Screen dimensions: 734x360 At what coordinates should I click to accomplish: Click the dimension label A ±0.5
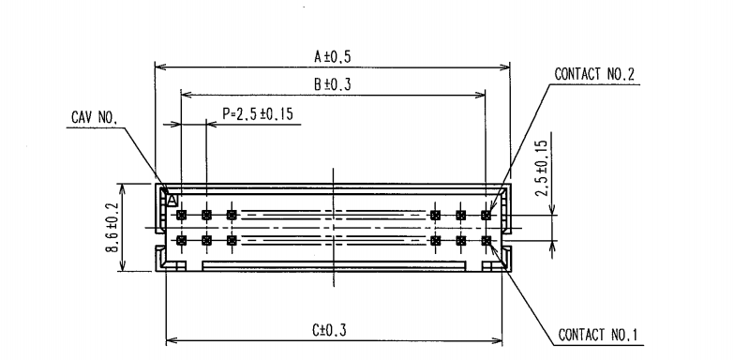(x=332, y=56)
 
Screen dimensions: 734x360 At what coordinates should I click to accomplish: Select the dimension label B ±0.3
(x=332, y=84)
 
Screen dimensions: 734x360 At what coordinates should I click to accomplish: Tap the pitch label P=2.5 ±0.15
(x=258, y=113)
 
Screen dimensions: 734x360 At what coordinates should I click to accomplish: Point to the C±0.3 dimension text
(x=329, y=331)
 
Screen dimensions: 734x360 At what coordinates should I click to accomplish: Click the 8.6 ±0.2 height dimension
(x=111, y=228)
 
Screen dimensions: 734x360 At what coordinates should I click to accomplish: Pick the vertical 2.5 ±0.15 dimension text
(x=542, y=169)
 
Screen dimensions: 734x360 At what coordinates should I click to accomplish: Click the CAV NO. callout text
(x=94, y=117)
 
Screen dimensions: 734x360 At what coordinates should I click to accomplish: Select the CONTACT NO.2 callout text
(x=594, y=74)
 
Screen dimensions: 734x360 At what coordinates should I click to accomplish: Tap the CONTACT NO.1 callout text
(x=598, y=335)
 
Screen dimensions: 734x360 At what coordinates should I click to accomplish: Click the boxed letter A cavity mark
(x=172, y=201)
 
